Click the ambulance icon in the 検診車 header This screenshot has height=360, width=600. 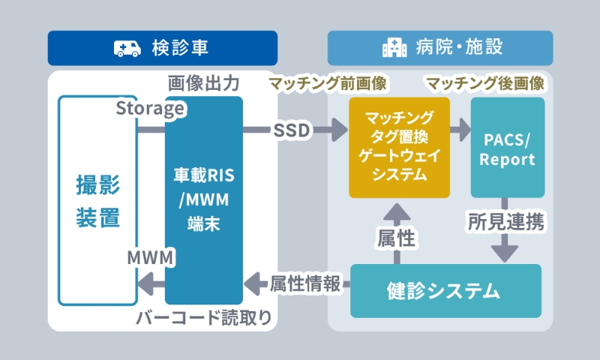click(x=128, y=49)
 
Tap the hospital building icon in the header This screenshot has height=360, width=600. click(x=394, y=49)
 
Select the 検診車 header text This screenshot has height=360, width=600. click(x=179, y=49)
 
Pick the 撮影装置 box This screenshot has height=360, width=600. click(x=97, y=200)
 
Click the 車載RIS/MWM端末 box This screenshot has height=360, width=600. click(x=204, y=200)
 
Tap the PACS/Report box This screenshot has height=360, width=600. click(x=508, y=147)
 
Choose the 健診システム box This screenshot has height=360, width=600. click(x=445, y=290)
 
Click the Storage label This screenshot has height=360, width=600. click(x=150, y=109)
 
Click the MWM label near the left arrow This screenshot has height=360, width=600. click(x=151, y=258)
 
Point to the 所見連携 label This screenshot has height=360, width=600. click(x=506, y=221)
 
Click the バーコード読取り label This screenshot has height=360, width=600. click(x=204, y=317)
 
